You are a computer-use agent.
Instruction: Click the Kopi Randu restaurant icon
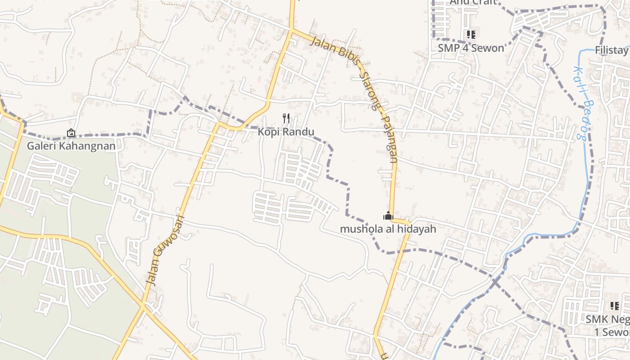286,118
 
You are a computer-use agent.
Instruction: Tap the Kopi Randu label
286,132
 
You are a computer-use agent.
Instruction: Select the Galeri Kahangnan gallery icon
71,133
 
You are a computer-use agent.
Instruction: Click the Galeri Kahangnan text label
71,146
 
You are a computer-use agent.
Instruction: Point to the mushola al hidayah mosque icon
388,216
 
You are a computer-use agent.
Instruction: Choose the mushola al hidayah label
388,229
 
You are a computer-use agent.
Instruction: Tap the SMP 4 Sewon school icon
471,34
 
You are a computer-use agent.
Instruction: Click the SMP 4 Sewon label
471,48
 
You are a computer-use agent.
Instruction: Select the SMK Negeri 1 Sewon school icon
615,306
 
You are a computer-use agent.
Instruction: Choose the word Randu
299,132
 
